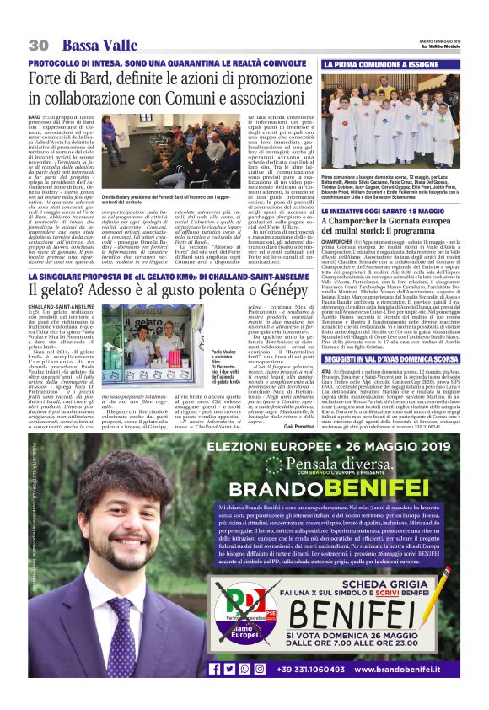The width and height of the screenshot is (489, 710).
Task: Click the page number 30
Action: click(38, 44)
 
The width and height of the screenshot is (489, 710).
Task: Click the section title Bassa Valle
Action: click(99, 44)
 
